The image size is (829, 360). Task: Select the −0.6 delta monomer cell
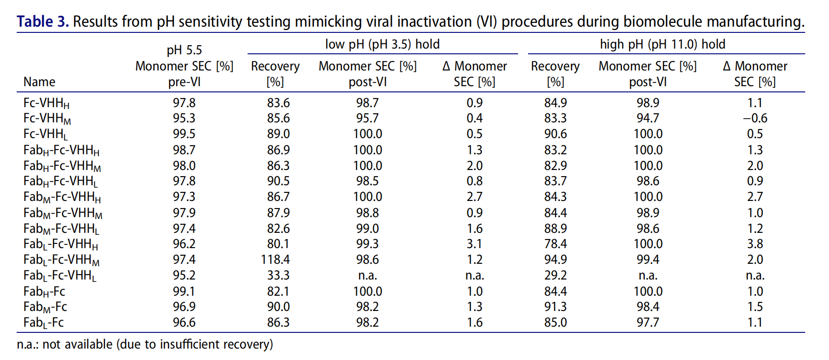click(755, 118)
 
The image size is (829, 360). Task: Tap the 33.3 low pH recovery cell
click(278, 275)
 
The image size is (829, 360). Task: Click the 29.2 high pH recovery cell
click(555, 275)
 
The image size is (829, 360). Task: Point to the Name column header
click(39, 82)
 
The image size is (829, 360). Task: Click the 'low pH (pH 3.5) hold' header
click(382, 44)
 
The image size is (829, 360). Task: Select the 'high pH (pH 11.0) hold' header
click(662, 44)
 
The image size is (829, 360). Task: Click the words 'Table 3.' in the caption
click(43, 21)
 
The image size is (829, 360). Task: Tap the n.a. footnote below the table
click(145, 344)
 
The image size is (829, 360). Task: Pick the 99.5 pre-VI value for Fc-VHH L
click(184, 134)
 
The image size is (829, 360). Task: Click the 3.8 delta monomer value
click(755, 244)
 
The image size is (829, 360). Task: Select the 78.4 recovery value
click(555, 244)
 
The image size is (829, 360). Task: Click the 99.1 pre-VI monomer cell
click(184, 291)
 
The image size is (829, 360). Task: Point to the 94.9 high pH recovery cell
click(555, 260)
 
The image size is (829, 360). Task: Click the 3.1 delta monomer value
click(474, 244)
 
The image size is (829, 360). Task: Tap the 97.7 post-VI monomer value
click(648, 322)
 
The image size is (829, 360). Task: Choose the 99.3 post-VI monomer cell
click(367, 244)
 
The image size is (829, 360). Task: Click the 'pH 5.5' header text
click(184, 50)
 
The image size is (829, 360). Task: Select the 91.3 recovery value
click(555, 307)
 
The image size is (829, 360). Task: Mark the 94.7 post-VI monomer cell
click(648, 118)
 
